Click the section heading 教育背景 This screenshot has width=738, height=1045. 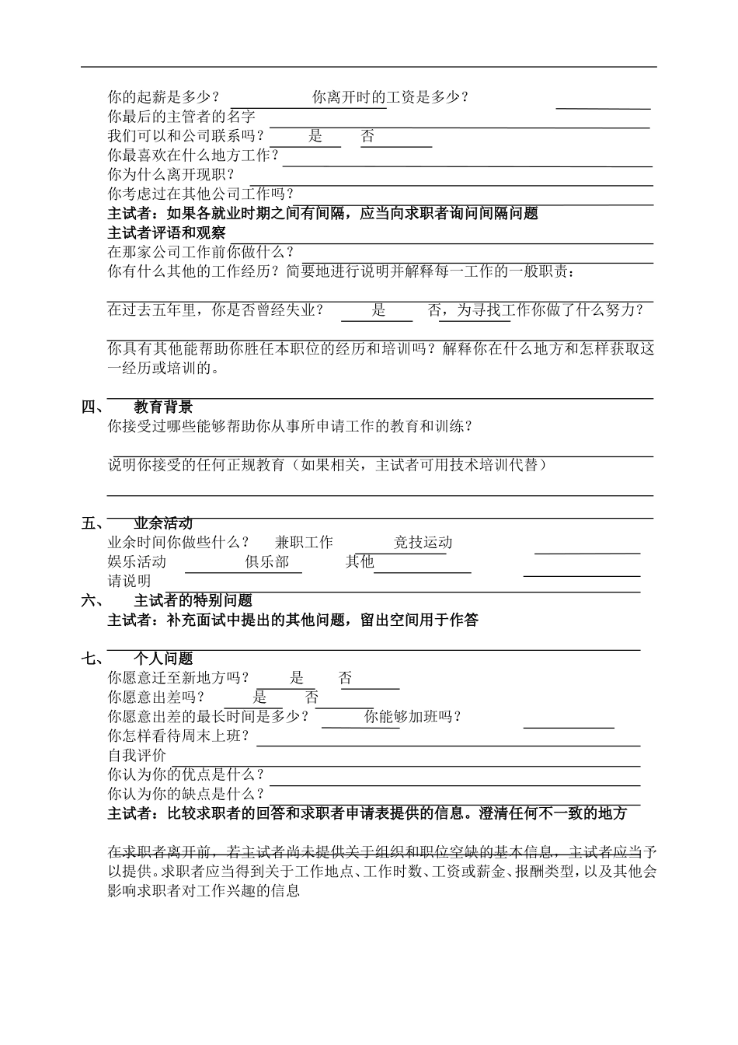coord(163,407)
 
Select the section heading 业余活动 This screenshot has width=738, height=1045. coord(163,523)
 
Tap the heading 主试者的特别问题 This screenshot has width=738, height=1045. coord(193,600)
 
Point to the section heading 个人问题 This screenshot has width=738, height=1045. coord(163,659)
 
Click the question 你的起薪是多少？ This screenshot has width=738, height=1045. coord(163,97)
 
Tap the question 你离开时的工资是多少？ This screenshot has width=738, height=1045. coord(390,97)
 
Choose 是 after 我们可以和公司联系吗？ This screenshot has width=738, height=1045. coord(315,136)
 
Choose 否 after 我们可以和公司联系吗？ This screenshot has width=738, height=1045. coord(367,136)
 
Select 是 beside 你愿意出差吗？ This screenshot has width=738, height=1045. coord(259,697)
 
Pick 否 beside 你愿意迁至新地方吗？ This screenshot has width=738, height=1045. coord(346,678)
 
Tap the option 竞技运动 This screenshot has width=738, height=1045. coord(423,543)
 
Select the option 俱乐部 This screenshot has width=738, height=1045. coord(267,561)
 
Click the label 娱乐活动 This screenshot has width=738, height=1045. coord(137,561)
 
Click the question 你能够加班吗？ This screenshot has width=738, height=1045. coord(413,717)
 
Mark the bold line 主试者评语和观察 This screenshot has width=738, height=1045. coord(167,232)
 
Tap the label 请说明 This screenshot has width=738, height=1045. coord(129,581)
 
